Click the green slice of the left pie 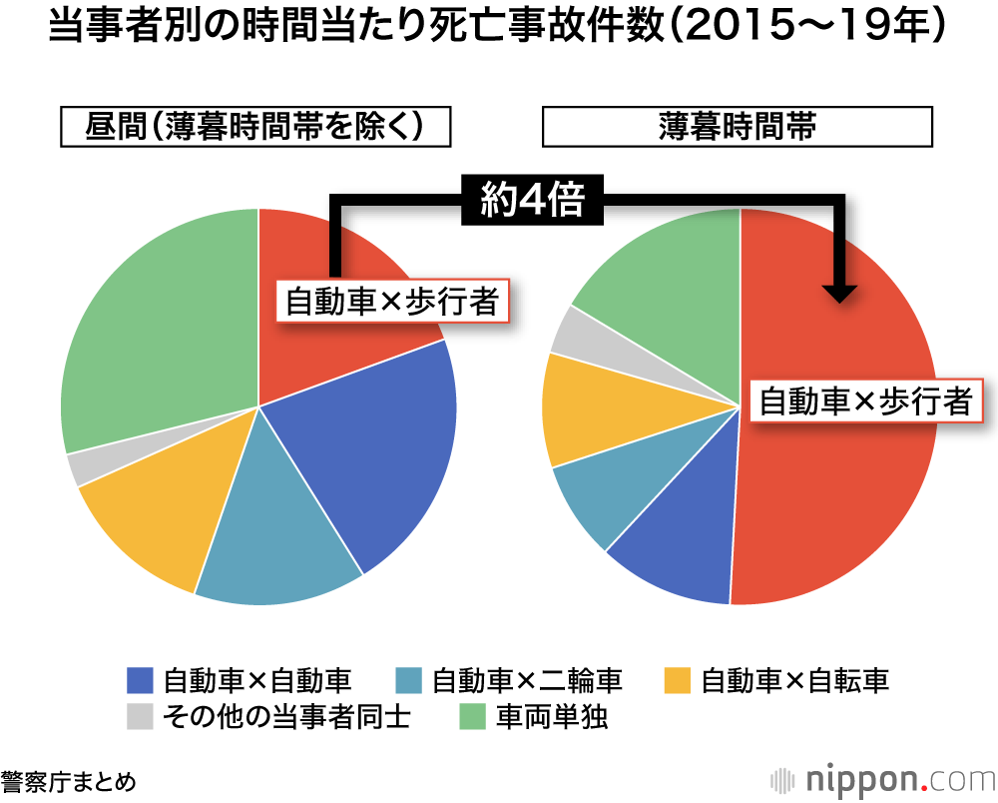(150, 330)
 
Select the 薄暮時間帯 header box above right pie (738, 127)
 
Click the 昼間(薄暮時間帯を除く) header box (255, 127)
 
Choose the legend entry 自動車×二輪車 (509, 681)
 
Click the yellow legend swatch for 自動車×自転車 (678, 681)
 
